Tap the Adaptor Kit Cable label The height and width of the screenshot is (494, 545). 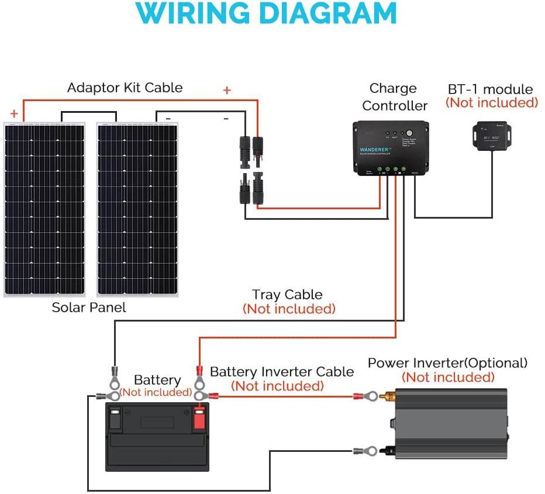coord(125,88)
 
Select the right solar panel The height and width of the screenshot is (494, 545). coord(138,209)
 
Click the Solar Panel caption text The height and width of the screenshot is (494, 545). coord(89,307)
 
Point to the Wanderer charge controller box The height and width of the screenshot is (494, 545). coord(391,147)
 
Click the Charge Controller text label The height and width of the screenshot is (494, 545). coord(394,97)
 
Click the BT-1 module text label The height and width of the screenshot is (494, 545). coord(490,89)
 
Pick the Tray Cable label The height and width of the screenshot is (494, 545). coord(287,295)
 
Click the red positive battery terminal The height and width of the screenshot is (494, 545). coord(199,417)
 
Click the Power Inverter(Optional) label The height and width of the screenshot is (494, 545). coord(447,363)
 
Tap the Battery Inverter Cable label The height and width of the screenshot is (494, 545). coord(281,372)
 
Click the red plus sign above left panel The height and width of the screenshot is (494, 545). coord(14,113)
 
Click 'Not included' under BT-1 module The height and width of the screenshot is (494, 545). coord(491,103)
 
